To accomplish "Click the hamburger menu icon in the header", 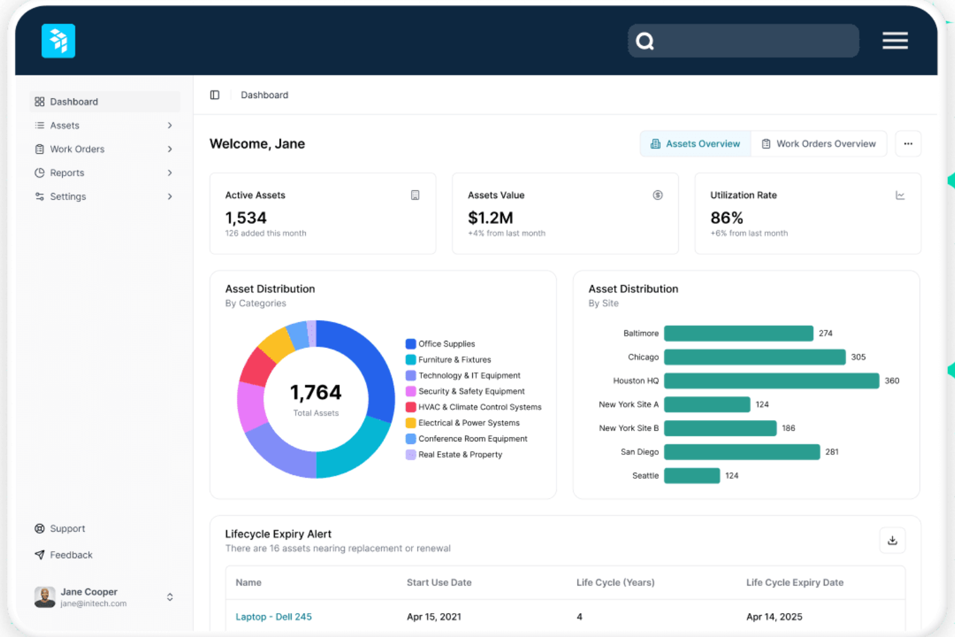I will click(x=895, y=41).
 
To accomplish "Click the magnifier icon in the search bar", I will click(x=645, y=41).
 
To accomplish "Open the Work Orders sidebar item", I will click(x=77, y=149).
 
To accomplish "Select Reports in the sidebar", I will click(x=67, y=173).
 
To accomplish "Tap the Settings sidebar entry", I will click(x=68, y=197).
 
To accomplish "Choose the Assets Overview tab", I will click(x=695, y=144).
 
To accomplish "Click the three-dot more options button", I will click(x=908, y=144).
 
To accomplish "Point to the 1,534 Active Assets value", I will click(x=246, y=218).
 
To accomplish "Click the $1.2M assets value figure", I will click(x=490, y=218).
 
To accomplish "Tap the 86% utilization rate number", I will click(x=727, y=218).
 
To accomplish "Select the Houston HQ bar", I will click(x=771, y=381).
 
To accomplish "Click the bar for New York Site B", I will click(x=720, y=429).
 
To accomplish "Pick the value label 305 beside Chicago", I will click(x=858, y=358).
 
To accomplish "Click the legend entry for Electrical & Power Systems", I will click(x=468, y=423).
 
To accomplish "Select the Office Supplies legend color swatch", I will click(x=410, y=344).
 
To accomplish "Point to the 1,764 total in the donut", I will click(x=316, y=392).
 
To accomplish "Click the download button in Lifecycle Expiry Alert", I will click(x=892, y=541).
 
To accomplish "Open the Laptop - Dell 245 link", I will click(x=274, y=617).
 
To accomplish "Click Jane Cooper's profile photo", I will click(x=45, y=597).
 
